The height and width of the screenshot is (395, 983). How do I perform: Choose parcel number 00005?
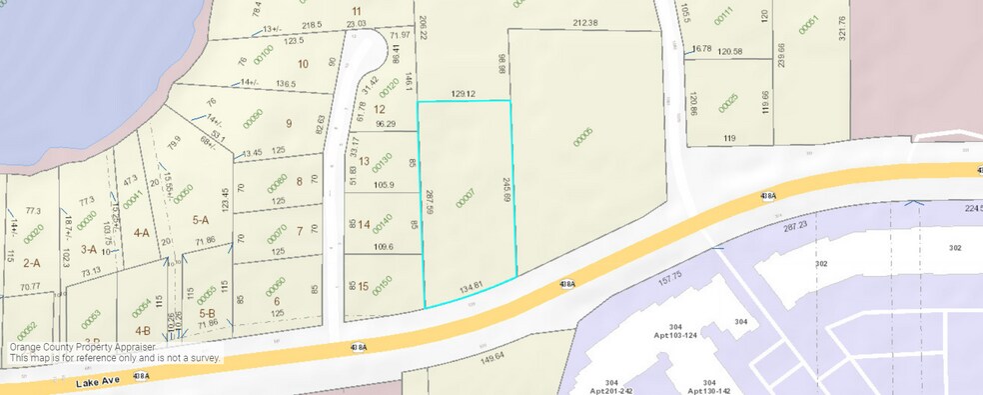[582, 137]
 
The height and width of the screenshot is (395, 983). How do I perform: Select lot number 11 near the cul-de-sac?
[356, 11]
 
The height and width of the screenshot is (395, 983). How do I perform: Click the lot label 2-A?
[31, 263]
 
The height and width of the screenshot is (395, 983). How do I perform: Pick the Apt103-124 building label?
[675, 328]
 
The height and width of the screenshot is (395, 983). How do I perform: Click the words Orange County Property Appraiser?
[83, 346]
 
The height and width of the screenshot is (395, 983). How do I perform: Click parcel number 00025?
[727, 103]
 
